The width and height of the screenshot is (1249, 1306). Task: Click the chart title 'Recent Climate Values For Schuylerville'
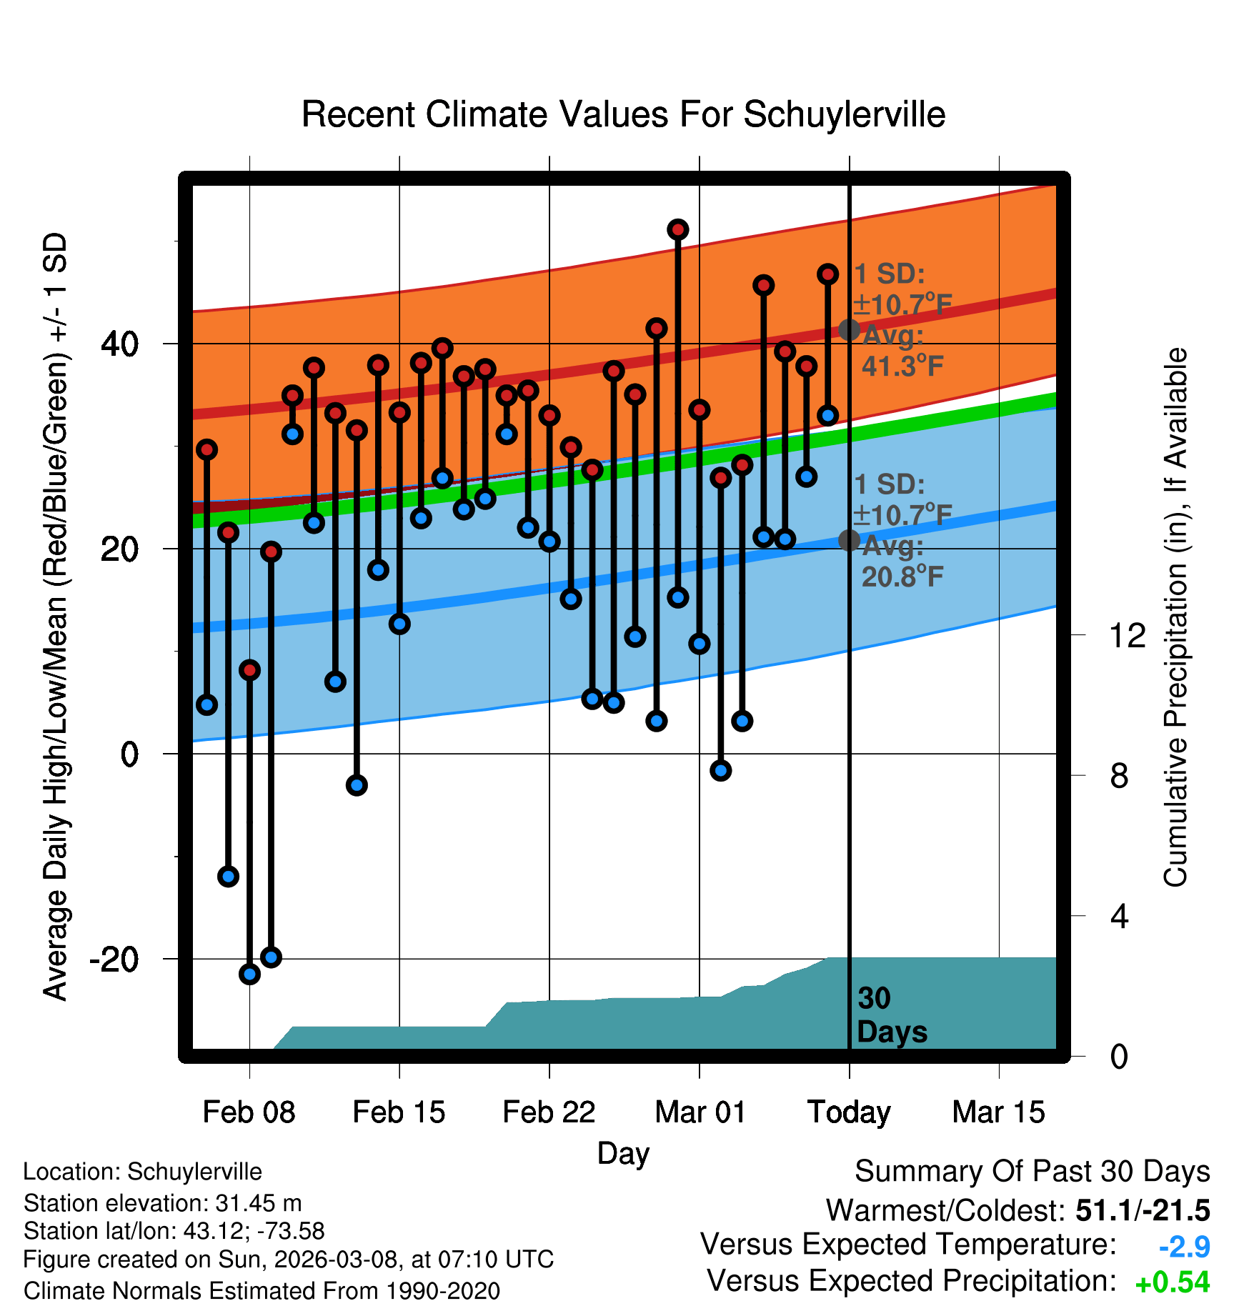623,114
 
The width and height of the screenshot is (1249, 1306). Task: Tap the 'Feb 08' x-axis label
249,1112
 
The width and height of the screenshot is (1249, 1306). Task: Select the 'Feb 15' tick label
399,1112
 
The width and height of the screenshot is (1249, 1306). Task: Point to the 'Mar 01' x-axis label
700,1112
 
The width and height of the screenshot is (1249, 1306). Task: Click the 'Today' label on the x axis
849,1112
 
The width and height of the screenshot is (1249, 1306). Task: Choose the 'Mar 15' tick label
998,1112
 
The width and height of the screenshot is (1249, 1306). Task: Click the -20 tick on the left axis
114,959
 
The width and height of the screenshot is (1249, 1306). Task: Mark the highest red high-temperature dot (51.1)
677,229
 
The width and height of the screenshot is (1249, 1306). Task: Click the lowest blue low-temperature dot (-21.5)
249,974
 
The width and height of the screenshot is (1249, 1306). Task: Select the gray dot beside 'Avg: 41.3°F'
849,329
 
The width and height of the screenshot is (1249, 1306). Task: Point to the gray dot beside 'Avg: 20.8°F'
849,540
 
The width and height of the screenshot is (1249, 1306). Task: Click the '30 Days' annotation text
891,1015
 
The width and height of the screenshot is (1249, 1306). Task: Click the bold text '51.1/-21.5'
1143,1210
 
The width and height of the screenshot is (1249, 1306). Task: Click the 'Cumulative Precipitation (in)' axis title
1175,617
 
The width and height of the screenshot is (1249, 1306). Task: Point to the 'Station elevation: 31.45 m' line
162,1203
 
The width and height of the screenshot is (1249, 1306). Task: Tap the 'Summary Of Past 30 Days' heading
1032,1172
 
